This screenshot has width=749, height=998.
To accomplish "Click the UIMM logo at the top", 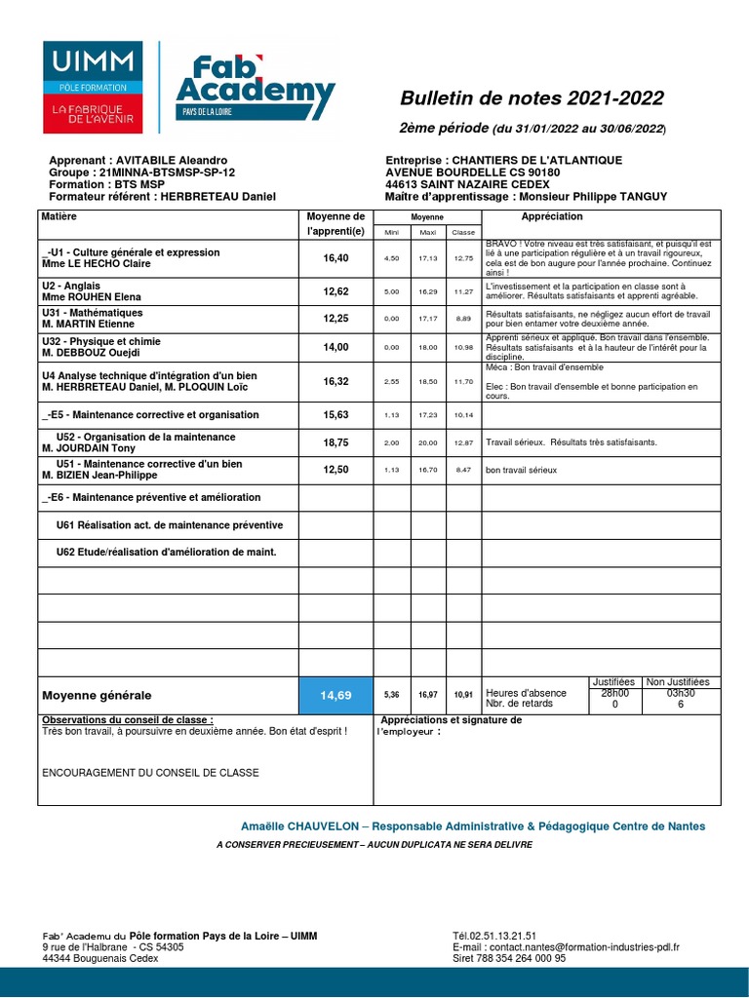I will pos(93,88).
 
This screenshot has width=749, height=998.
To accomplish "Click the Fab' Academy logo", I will pos(255,88).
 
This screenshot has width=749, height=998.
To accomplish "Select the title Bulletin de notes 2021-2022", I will pos(532,98).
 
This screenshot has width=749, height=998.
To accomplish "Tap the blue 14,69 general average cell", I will pos(335,695).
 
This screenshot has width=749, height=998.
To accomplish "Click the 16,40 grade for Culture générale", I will pos(335,258).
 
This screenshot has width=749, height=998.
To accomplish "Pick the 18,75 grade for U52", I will pos(335,441).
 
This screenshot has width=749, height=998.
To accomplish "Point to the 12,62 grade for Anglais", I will pos(335,290).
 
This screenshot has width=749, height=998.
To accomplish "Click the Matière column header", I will pos(59,216).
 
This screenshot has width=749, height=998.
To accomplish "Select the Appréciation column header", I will pos(552,216).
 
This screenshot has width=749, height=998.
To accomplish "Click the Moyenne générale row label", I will pos(97,695).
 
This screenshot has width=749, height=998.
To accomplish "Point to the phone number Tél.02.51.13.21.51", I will pos(494,935).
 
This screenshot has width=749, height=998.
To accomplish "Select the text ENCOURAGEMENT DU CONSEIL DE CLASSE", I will pos(150,773).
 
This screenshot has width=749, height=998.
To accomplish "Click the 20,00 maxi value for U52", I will pos(427,442).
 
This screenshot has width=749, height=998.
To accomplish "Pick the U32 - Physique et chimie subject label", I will pos(100,341).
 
